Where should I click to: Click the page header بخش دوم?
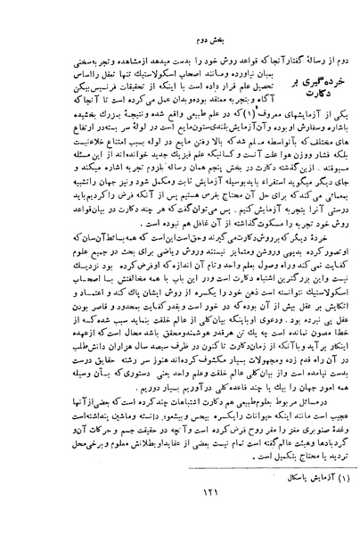(x=180, y=39)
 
